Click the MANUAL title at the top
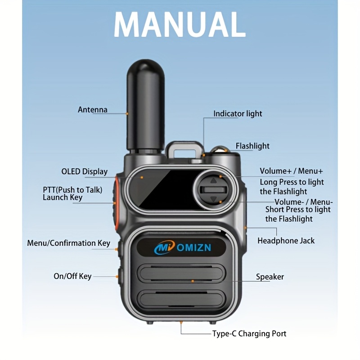coord(180,24)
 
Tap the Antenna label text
coord(93,110)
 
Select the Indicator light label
coord(238,114)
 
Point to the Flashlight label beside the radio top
coord(252,146)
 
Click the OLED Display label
coord(85,171)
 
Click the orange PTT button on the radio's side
coord(116,198)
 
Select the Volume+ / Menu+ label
coord(291,171)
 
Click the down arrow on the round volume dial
coord(213,199)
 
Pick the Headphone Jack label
coord(286,241)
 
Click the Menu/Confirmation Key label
coord(68,243)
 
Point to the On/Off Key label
coord(72,276)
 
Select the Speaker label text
coord(270,277)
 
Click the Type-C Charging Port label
coord(249,333)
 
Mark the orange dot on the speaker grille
coord(193,281)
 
